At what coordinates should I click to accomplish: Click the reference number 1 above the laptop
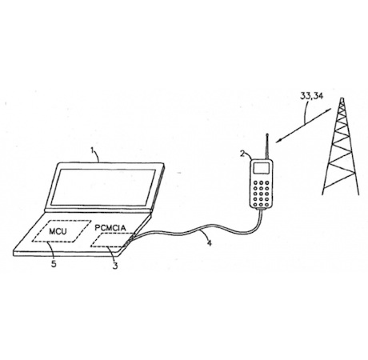pos(93,150)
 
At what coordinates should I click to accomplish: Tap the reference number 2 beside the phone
pos(242,154)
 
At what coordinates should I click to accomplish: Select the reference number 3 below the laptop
pos(115,266)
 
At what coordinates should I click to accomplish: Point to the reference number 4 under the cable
pos(210,243)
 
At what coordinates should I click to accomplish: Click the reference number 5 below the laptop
pos(54,264)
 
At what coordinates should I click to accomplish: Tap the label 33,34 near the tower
pos(311,96)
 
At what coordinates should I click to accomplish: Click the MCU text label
pos(58,231)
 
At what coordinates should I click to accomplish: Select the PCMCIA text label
pos(110,228)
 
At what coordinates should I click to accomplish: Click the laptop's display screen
pos(103,187)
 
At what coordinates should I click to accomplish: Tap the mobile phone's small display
pos(262,168)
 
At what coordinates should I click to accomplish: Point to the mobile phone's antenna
pos(266,146)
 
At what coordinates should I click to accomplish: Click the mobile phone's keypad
pos(261,194)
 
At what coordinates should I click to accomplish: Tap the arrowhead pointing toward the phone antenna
pos(278,141)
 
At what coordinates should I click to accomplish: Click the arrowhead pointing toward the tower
pos(329,110)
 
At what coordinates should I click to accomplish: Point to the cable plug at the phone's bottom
pos(261,209)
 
